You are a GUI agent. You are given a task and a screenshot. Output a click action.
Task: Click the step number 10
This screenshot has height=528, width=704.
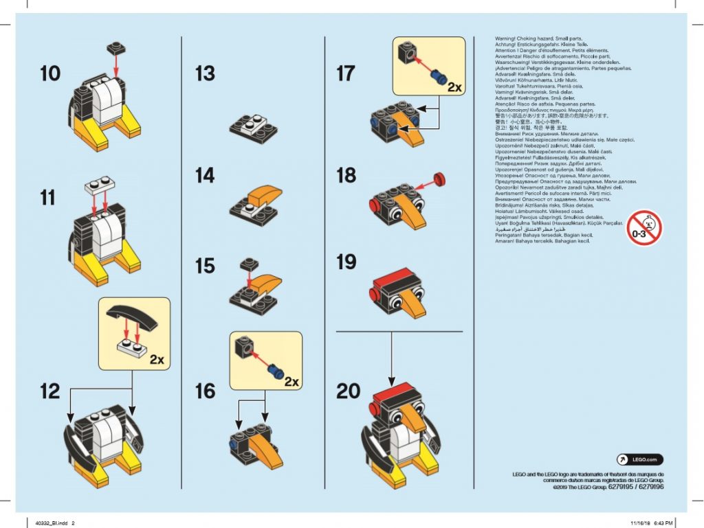(x=50, y=73)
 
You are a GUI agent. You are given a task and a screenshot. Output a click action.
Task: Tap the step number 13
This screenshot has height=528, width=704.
(x=205, y=73)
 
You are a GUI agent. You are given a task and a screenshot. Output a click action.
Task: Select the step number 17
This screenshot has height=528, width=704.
(x=346, y=73)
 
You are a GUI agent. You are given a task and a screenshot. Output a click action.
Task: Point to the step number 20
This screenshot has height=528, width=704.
(x=348, y=391)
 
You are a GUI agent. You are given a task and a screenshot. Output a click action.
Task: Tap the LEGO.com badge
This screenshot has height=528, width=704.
(x=639, y=459)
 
